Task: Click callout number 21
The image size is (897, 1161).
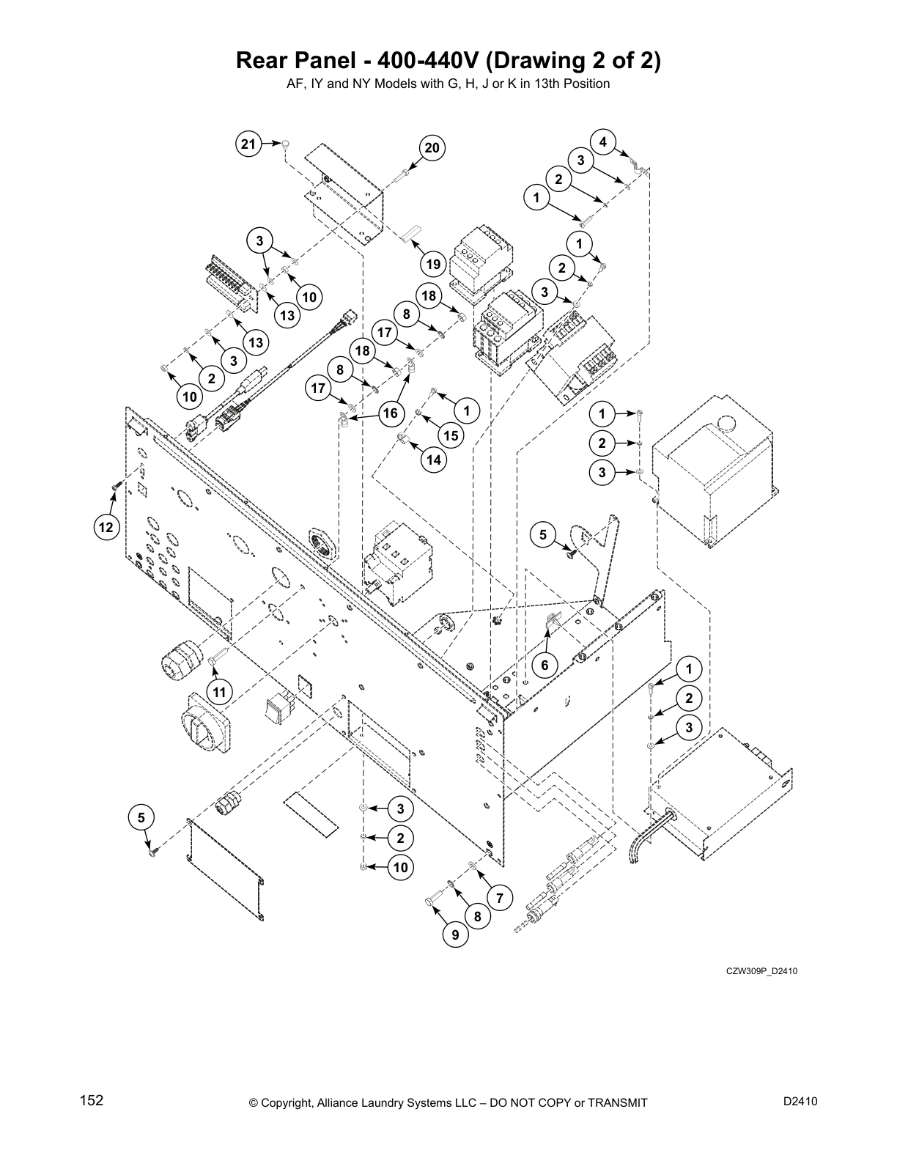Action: click(x=249, y=144)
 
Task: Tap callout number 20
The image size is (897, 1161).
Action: click(x=432, y=149)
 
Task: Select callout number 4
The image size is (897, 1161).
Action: click(x=602, y=142)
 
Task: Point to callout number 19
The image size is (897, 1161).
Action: click(x=432, y=265)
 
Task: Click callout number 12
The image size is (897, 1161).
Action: click(x=107, y=526)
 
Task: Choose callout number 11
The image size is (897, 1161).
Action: click(x=218, y=690)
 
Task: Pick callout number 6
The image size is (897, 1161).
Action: click(x=545, y=666)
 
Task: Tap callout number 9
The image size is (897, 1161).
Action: click(x=455, y=935)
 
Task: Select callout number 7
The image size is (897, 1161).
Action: click(x=499, y=898)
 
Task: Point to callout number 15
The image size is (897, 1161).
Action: click(x=450, y=435)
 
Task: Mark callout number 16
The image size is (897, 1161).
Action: click(x=390, y=413)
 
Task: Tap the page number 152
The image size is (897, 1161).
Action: click(x=92, y=1101)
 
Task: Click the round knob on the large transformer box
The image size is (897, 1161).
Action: click(x=728, y=423)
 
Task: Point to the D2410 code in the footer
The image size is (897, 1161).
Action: click(x=800, y=1101)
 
